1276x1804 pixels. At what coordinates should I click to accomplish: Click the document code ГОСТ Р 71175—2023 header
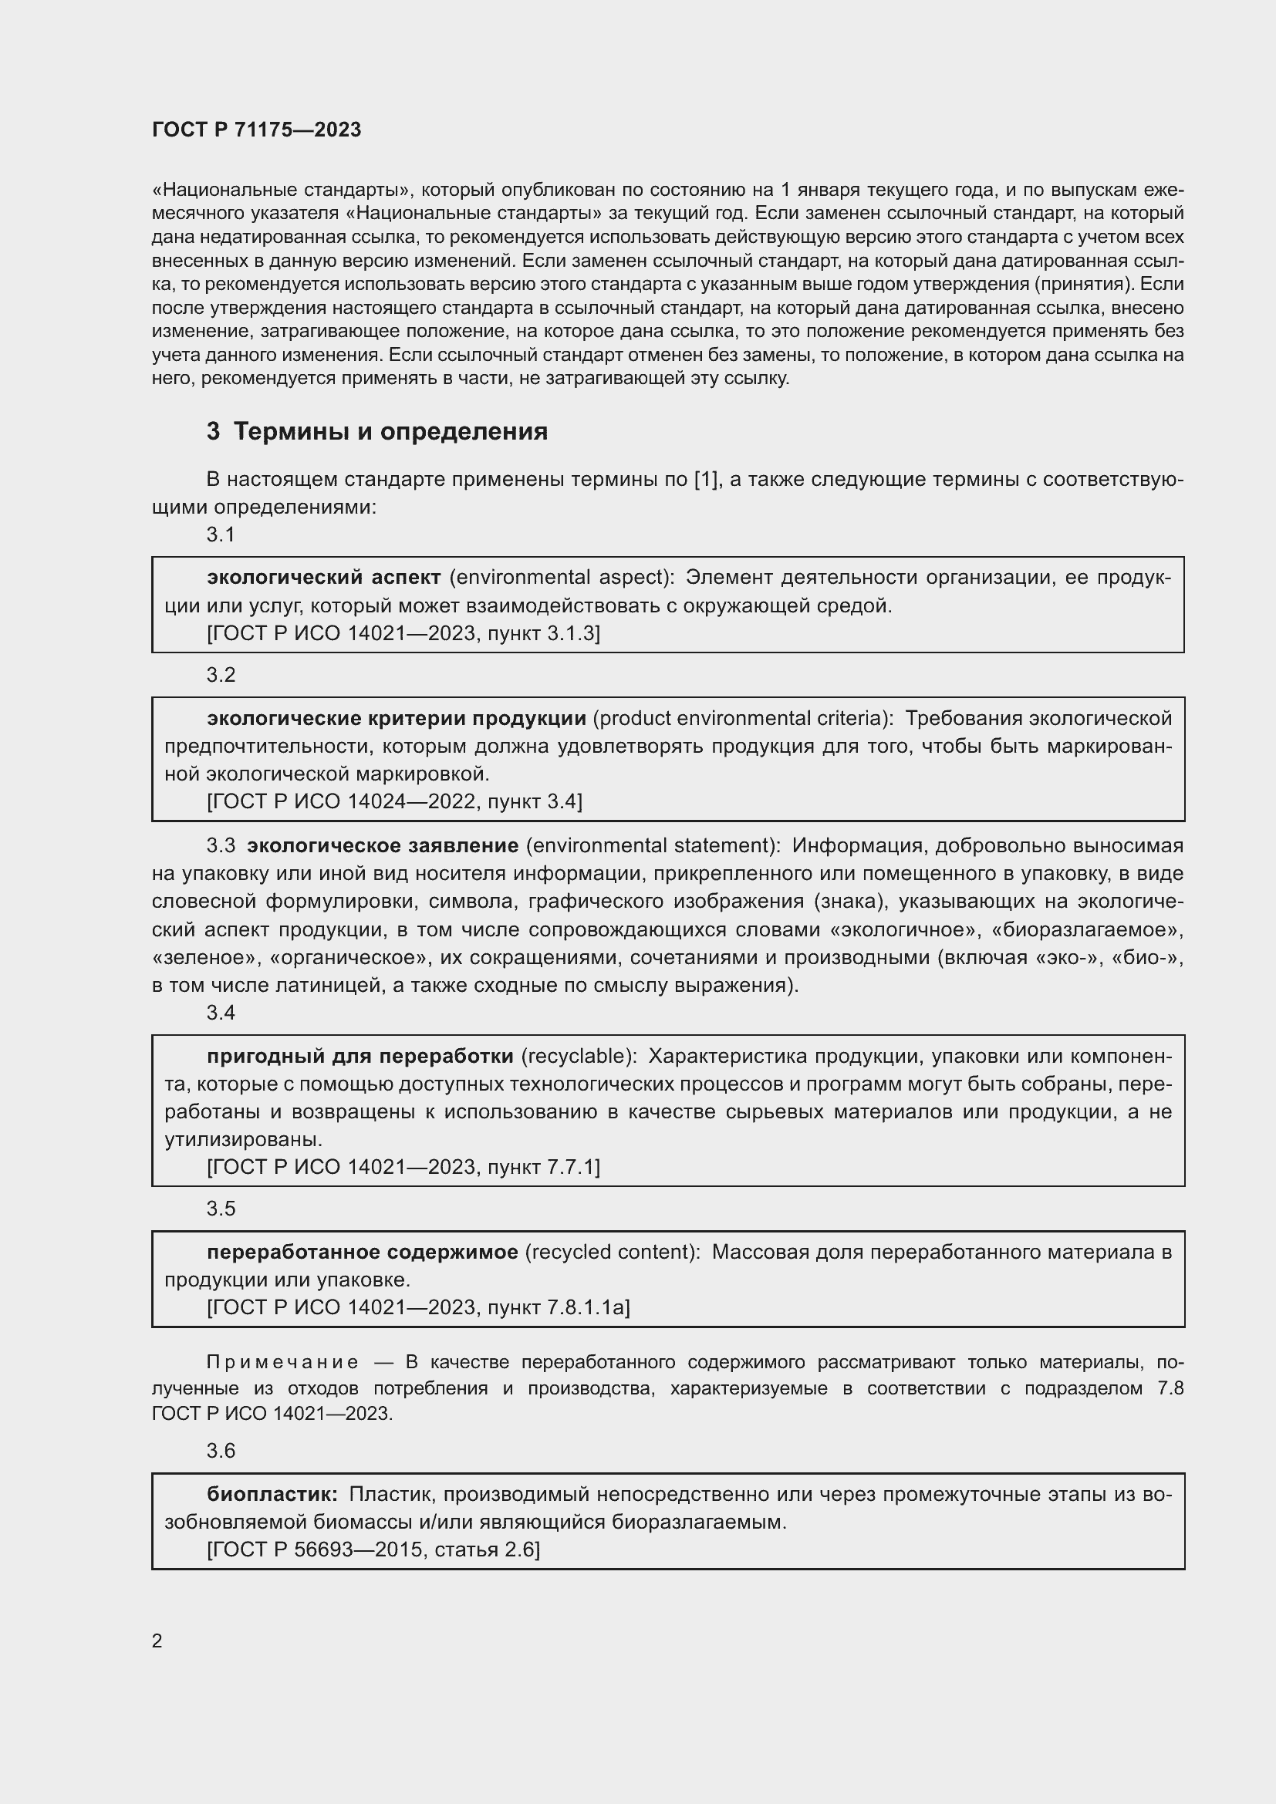pyautogui.click(x=256, y=130)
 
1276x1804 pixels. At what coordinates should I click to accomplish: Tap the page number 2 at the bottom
pyautogui.click(x=157, y=1640)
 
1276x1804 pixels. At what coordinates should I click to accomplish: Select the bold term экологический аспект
pyautogui.click(x=324, y=578)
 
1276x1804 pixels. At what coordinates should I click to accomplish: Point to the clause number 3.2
pyautogui.click(x=221, y=675)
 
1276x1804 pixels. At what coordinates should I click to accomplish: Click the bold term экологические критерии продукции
pyautogui.click(x=396, y=718)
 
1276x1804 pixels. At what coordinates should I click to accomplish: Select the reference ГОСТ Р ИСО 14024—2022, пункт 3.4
pyautogui.click(x=394, y=801)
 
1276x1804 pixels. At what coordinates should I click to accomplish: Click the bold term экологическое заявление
pyautogui.click(x=383, y=845)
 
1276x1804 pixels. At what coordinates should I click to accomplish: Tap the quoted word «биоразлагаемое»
pyautogui.click(x=1088, y=929)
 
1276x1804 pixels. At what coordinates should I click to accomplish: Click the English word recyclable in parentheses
pyautogui.click(x=579, y=1057)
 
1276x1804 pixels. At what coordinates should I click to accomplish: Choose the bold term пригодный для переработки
pyautogui.click(x=360, y=1057)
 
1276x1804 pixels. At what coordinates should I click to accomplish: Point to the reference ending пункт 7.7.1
pyautogui.click(x=403, y=1167)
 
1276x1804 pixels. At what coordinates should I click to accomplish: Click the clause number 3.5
pyautogui.click(x=221, y=1209)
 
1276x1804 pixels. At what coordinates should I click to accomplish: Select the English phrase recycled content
pyautogui.click(x=611, y=1252)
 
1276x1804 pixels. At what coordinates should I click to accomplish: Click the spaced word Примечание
pyautogui.click(x=282, y=1361)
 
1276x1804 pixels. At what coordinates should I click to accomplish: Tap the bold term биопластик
pyautogui.click(x=272, y=1494)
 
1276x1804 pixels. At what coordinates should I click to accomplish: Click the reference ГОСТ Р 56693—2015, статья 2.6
pyautogui.click(x=373, y=1549)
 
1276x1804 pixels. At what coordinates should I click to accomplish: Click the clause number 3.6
pyautogui.click(x=221, y=1451)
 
